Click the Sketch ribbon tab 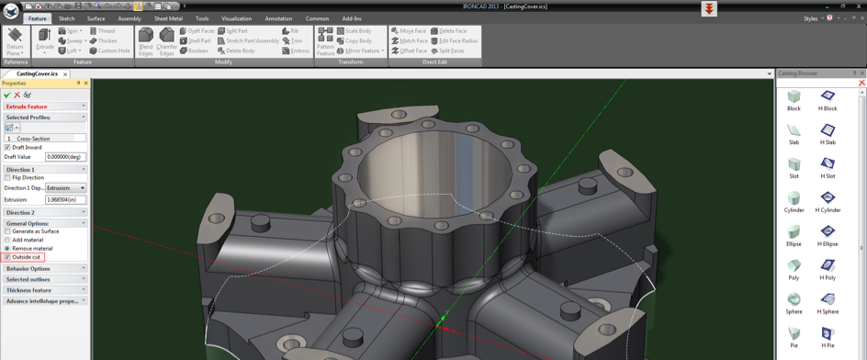click(67, 18)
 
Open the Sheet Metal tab click(168, 18)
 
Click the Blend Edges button click(146, 41)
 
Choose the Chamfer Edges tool click(166, 41)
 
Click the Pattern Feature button click(325, 41)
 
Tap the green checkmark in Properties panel click(7, 95)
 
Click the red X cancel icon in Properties click(17, 95)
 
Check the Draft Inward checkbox click(7, 147)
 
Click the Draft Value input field click(65, 157)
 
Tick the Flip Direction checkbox click(7, 177)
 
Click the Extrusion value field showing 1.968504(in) click(65, 199)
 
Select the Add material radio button click(7, 240)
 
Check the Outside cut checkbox click(7, 257)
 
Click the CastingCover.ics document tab click(37, 73)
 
